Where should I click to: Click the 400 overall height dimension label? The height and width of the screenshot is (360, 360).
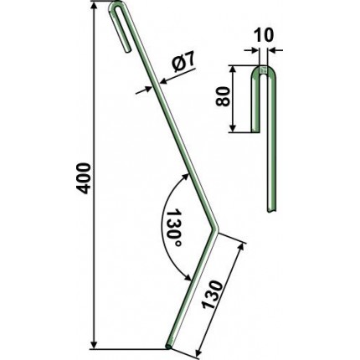[x=84, y=178]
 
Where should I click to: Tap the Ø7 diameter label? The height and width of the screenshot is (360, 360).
[x=183, y=64]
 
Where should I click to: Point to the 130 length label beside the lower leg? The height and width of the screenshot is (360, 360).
[x=213, y=295]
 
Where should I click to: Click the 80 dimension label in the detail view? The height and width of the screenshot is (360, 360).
[x=223, y=96]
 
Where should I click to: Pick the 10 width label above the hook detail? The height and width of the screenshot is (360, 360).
[x=263, y=35]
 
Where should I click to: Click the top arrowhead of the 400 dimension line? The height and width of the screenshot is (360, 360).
[x=95, y=6]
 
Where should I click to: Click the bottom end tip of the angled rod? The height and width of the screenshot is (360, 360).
[x=169, y=347]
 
